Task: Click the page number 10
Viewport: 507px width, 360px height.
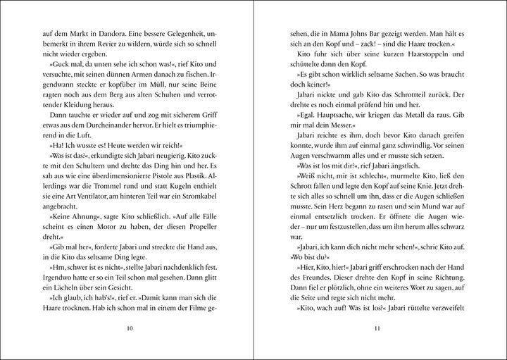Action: [x=127, y=328]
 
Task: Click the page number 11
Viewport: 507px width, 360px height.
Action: [x=378, y=328]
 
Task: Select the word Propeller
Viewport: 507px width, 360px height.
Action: [x=188, y=251]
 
